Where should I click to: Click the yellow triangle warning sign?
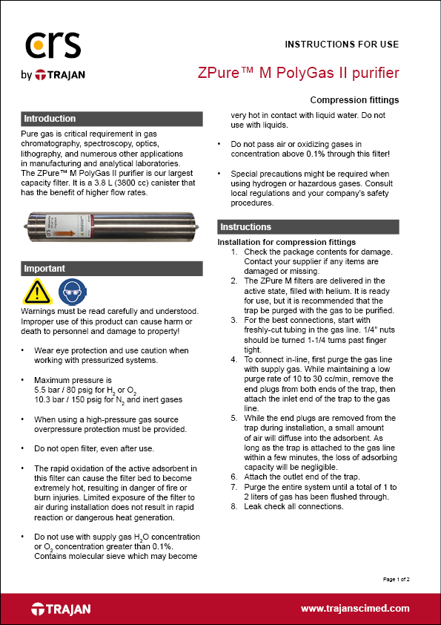tap(38, 292)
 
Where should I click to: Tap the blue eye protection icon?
tap(70, 292)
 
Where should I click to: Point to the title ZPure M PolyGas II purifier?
tap(299, 73)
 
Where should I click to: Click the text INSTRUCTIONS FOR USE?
tap(342, 44)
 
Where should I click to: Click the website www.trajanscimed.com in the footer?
tap(355, 609)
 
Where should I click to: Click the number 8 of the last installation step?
tap(233, 507)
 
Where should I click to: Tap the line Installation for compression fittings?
tap(286, 242)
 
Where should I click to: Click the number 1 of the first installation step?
tap(233, 252)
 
